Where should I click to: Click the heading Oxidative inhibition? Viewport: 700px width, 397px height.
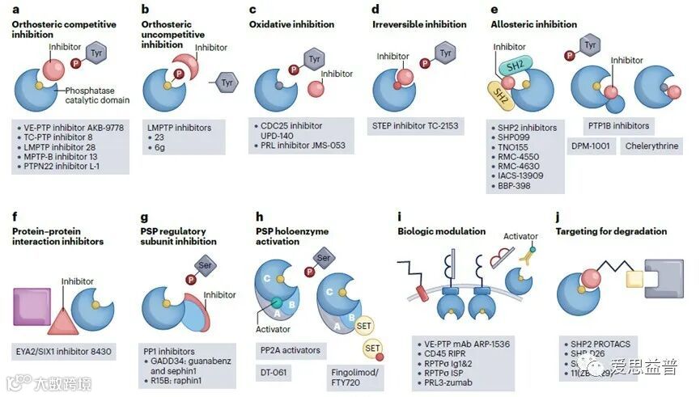292,24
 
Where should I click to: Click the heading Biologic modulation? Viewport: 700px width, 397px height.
441,231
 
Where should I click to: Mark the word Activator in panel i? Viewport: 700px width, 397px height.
520,236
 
